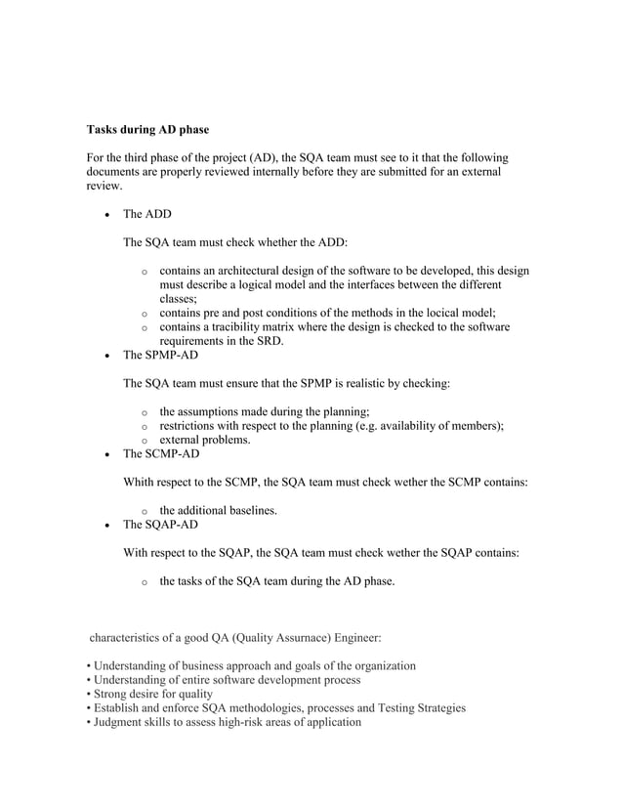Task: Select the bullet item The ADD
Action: tap(146, 213)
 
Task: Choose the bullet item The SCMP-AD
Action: tap(161, 454)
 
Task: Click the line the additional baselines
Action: tap(219, 510)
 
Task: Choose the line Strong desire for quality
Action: tap(152, 694)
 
